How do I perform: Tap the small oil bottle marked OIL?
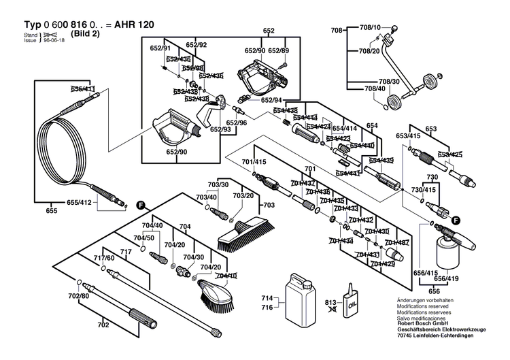[352, 298]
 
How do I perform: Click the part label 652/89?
[279, 51]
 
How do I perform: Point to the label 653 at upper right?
[430, 129]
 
